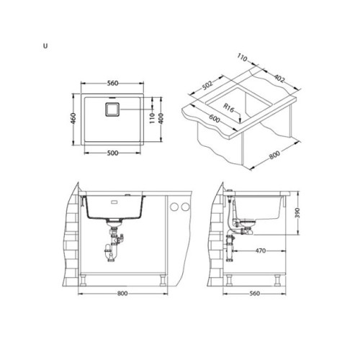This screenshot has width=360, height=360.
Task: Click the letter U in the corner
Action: (45, 46)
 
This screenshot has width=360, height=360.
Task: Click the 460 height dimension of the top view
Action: (74, 118)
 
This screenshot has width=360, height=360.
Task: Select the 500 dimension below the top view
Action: (112, 153)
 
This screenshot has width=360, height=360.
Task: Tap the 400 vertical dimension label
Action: (161, 118)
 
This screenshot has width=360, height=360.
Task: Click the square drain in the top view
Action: (112, 109)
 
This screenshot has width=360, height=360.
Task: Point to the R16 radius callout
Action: (228, 108)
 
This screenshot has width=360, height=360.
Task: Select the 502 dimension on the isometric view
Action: (207, 85)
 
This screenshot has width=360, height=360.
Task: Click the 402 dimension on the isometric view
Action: (279, 78)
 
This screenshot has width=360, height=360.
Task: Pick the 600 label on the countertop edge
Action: (215, 118)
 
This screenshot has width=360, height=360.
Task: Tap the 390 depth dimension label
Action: (297, 213)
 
